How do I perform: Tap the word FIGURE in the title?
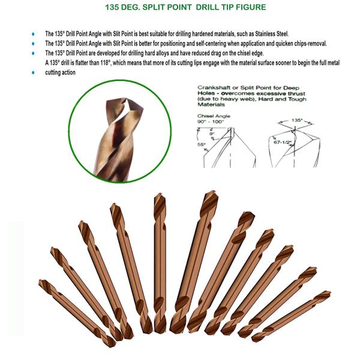pyautogui.click(x=251, y=7)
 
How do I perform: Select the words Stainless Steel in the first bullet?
pyautogui.click(x=272, y=34)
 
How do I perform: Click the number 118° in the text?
pyautogui.click(x=106, y=63)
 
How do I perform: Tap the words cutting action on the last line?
pyautogui.click(x=60, y=73)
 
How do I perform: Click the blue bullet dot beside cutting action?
pyautogui.click(x=34, y=73)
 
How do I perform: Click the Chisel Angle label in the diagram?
pyautogui.click(x=214, y=116)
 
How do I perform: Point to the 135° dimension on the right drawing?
pyautogui.click(x=296, y=120)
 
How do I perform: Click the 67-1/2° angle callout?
pyautogui.click(x=283, y=142)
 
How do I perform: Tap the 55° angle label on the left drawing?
pyautogui.click(x=202, y=145)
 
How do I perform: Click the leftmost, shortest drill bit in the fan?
pyautogui.click(x=77, y=313)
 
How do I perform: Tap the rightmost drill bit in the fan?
pyautogui.click(x=291, y=316)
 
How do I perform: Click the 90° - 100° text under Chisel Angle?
pyautogui.click(x=211, y=122)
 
